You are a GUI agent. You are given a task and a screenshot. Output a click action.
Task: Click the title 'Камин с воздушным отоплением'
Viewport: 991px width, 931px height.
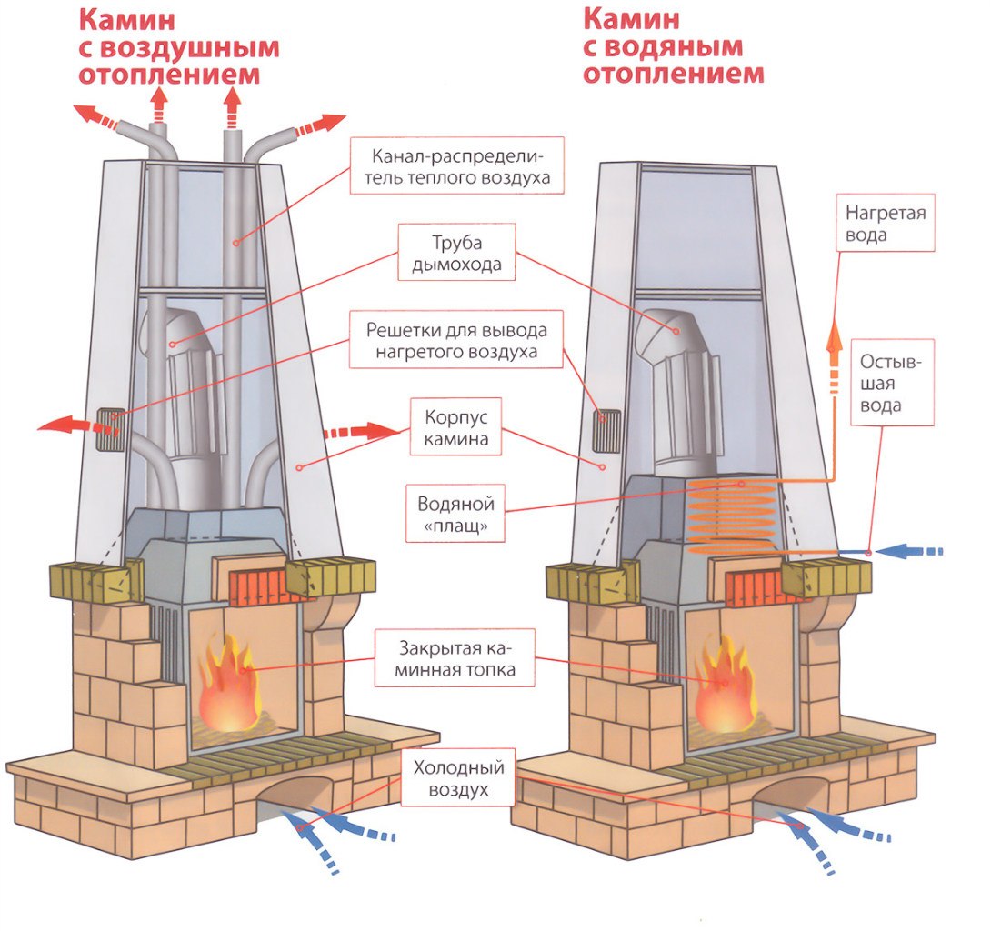pos(177,45)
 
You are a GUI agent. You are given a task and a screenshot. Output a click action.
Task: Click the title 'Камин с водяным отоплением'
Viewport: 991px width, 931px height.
pos(673,45)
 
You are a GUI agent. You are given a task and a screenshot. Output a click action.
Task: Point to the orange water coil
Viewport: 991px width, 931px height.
pos(733,517)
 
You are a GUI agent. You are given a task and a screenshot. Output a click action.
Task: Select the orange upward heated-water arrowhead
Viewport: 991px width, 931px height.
pos(831,336)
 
